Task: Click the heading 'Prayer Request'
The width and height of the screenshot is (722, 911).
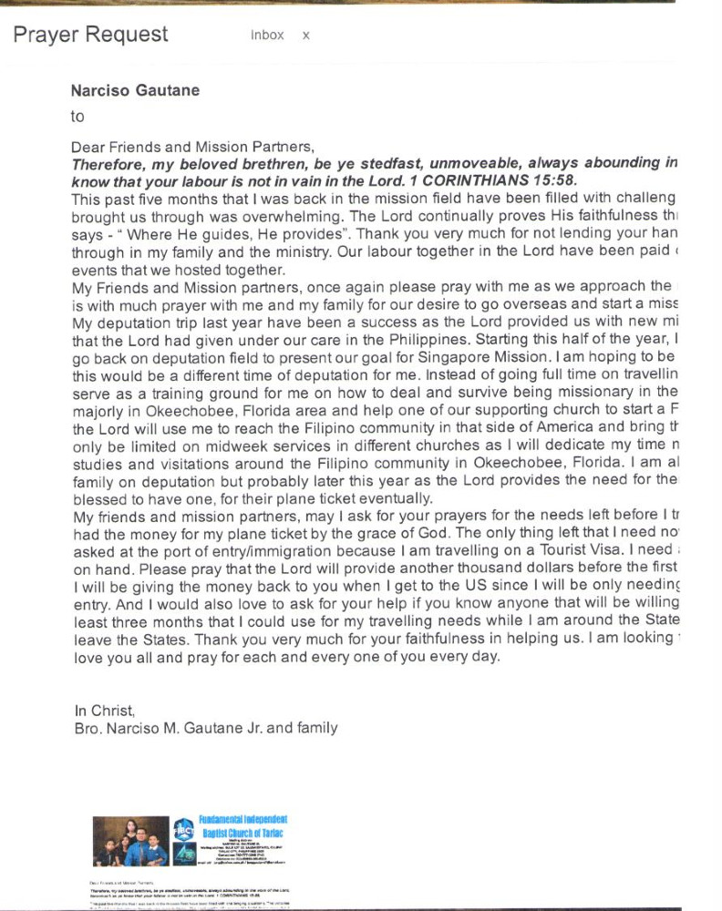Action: (x=90, y=35)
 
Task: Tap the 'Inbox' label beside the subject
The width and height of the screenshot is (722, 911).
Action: (x=267, y=36)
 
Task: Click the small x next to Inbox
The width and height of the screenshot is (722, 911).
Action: (x=306, y=36)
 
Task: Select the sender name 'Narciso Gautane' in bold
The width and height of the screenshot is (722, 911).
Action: (x=135, y=90)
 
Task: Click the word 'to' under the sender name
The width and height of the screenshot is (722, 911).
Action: (x=77, y=117)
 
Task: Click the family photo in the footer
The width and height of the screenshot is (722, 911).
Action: (x=130, y=840)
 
